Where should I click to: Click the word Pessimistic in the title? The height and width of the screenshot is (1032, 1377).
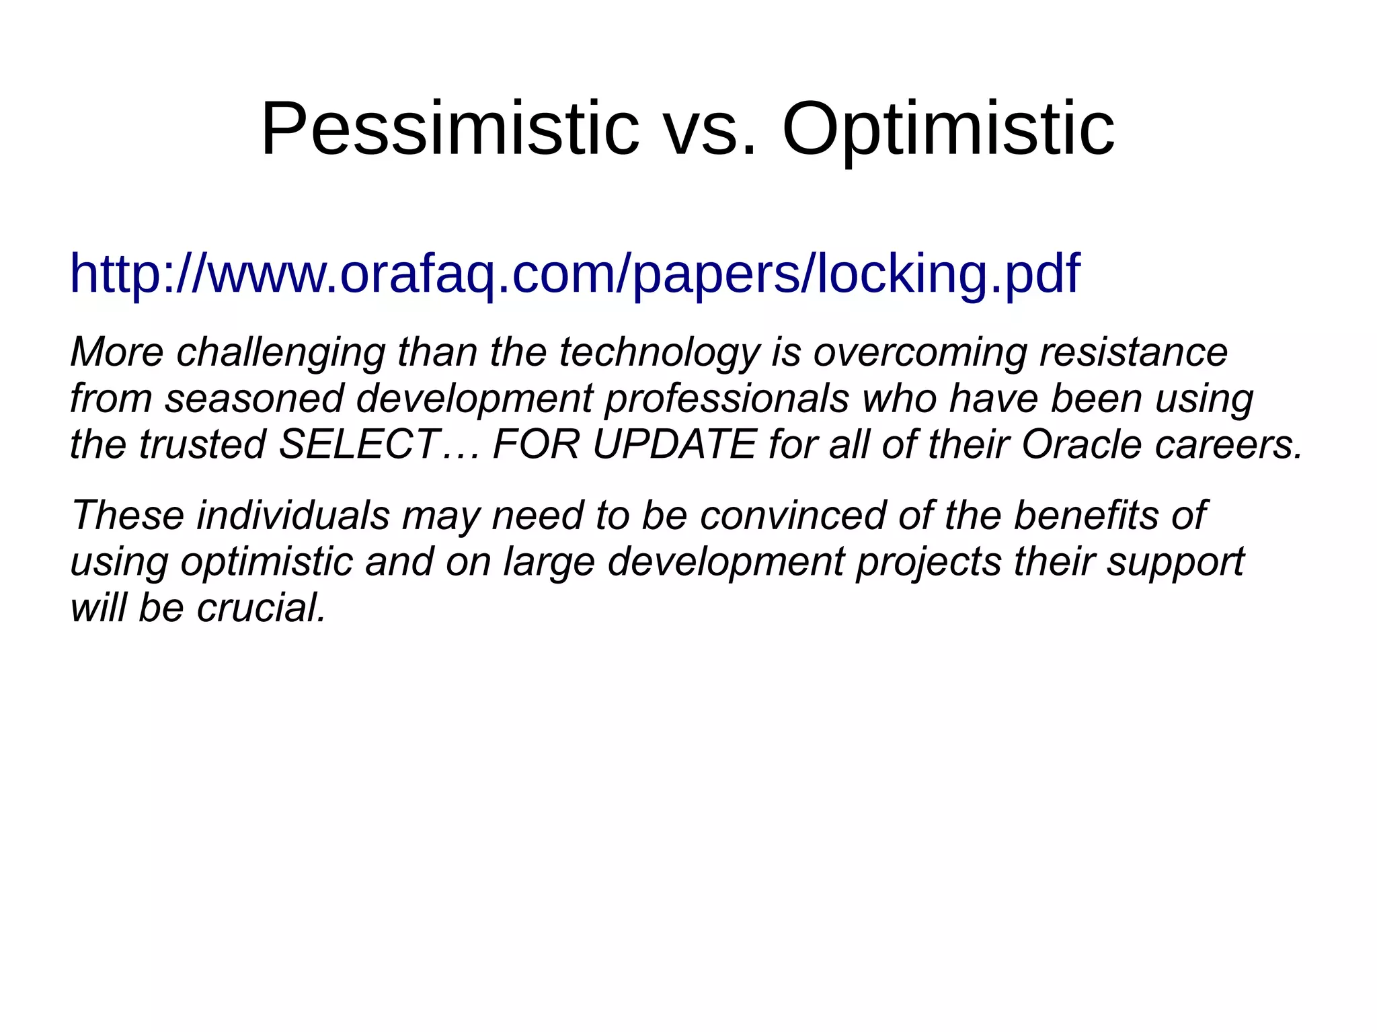tap(449, 128)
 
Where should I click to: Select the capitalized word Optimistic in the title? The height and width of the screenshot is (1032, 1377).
tap(948, 128)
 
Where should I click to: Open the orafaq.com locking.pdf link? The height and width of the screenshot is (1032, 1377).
tap(575, 274)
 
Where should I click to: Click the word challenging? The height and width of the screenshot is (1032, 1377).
tap(280, 352)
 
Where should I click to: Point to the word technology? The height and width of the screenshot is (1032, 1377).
tap(660, 352)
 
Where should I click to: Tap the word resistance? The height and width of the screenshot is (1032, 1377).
tap(1134, 352)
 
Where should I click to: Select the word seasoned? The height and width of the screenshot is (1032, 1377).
tap(254, 399)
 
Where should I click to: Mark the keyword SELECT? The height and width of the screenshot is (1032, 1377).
tap(360, 445)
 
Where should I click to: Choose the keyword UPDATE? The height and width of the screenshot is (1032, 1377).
tap(674, 445)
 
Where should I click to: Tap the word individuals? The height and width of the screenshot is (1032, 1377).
tap(293, 516)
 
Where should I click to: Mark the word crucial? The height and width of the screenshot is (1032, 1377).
tap(261, 608)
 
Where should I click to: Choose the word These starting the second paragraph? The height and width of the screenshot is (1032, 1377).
tap(128, 516)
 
